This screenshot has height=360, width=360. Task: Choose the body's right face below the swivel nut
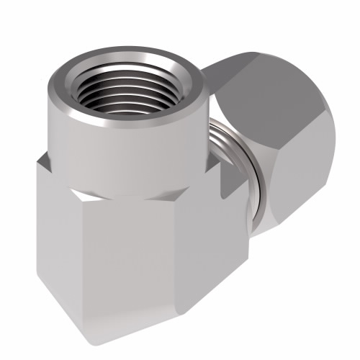[x=216, y=266]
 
